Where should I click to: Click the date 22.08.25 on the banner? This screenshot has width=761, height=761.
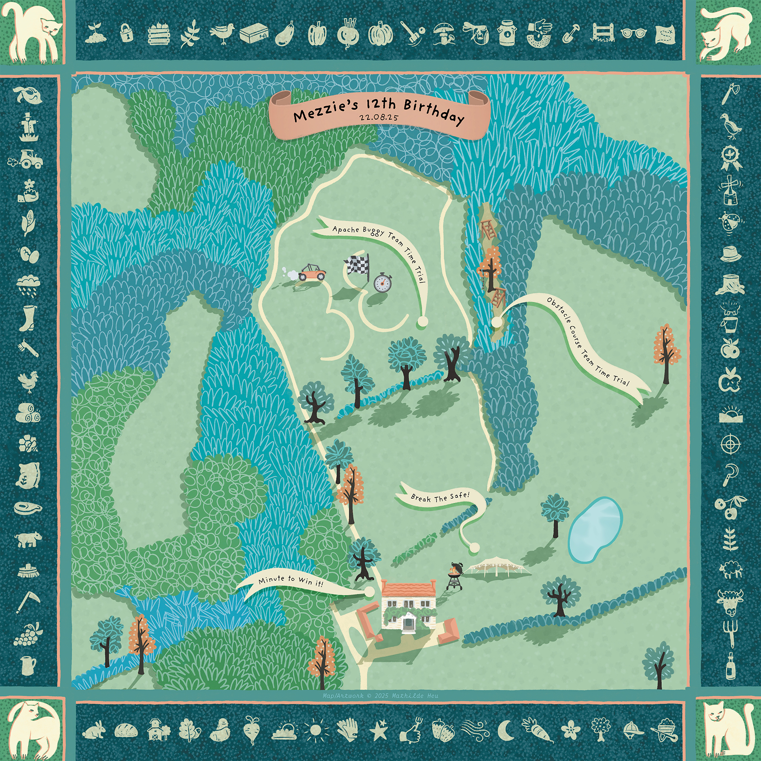tap(378, 117)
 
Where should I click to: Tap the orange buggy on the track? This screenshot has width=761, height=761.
tap(310, 272)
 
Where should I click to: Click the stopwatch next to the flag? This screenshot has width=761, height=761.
tap(383, 283)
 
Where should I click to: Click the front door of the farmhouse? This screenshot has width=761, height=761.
tap(408, 624)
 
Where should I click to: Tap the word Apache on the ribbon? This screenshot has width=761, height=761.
tap(346, 229)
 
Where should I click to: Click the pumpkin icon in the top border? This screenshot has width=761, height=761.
tap(381, 34)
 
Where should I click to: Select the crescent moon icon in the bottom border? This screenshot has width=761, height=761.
tap(506, 729)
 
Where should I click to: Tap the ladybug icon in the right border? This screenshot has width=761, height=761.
tap(730, 222)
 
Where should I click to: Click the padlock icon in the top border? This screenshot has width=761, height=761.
tap(127, 33)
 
